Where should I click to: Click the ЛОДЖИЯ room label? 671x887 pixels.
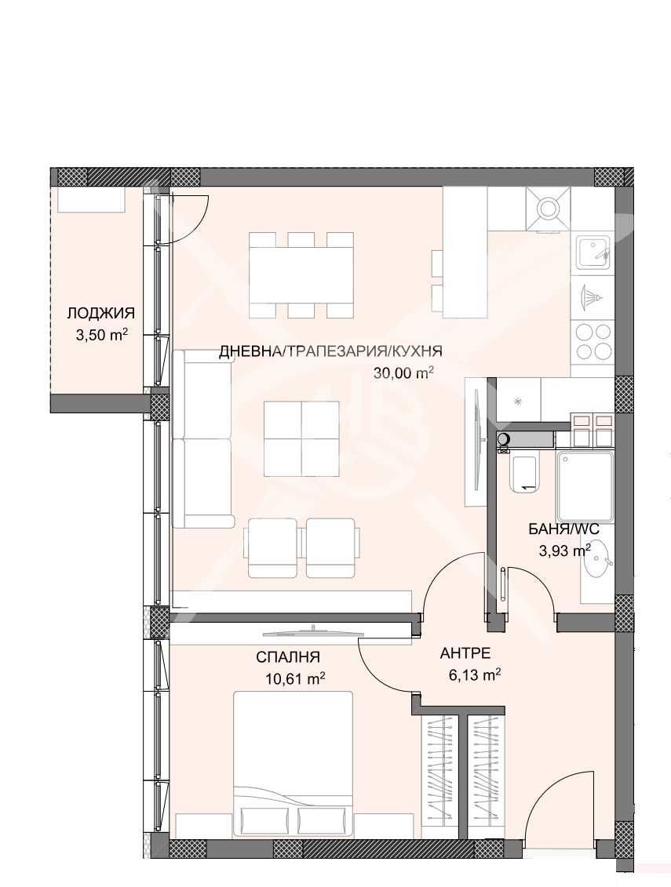click(100, 314)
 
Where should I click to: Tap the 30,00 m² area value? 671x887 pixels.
click(403, 373)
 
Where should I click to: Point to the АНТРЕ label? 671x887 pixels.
click(465, 653)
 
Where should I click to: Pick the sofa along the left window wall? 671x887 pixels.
click(202, 439)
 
